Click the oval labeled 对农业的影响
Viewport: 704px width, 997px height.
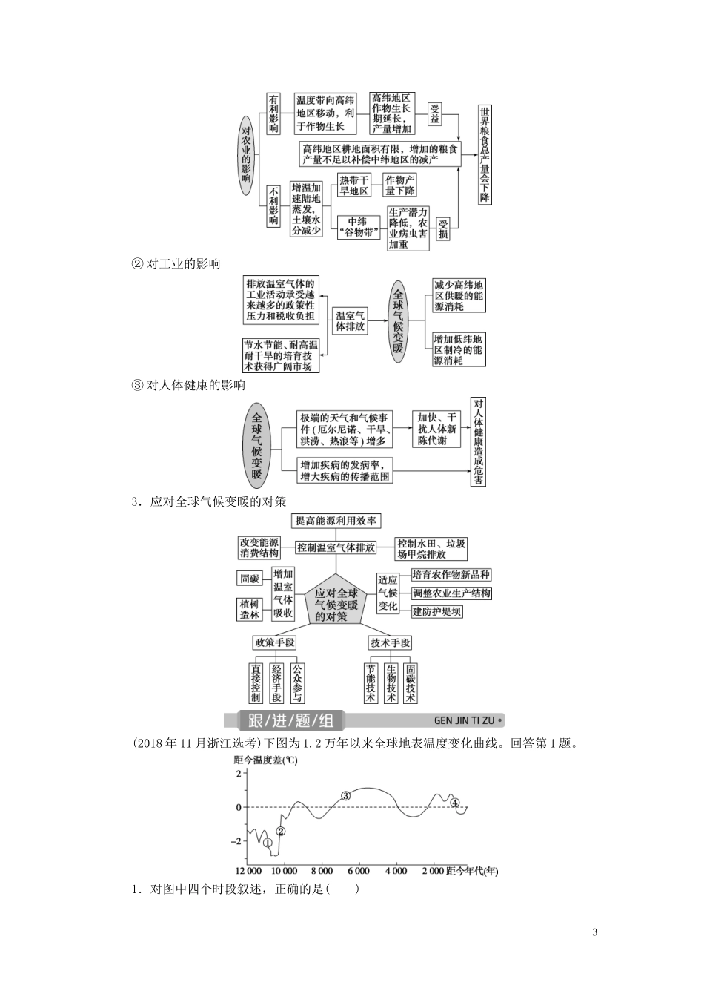coord(246,154)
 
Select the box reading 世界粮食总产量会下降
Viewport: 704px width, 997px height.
coord(485,154)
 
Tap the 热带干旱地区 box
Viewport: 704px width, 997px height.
coord(353,185)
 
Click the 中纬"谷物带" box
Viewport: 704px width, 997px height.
coord(358,226)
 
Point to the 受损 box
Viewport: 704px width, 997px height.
coord(442,229)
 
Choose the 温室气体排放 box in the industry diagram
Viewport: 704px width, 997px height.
coord(350,320)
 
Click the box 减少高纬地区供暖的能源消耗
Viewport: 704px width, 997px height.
coord(459,295)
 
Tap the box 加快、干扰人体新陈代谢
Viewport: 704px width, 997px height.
coord(437,429)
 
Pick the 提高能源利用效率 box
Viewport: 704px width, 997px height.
coord(336,521)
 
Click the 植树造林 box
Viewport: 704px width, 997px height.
coord(249,609)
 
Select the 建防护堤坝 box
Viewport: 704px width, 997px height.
coord(437,611)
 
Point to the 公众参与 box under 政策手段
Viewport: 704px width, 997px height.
coord(296,682)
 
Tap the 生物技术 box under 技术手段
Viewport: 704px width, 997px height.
coord(391,682)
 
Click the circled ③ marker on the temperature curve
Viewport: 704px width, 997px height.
coord(345,796)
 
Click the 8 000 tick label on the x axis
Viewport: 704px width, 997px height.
coord(322,871)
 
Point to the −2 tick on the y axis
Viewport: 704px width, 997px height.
coord(237,841)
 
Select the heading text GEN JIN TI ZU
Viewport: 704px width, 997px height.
coord(465,720)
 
